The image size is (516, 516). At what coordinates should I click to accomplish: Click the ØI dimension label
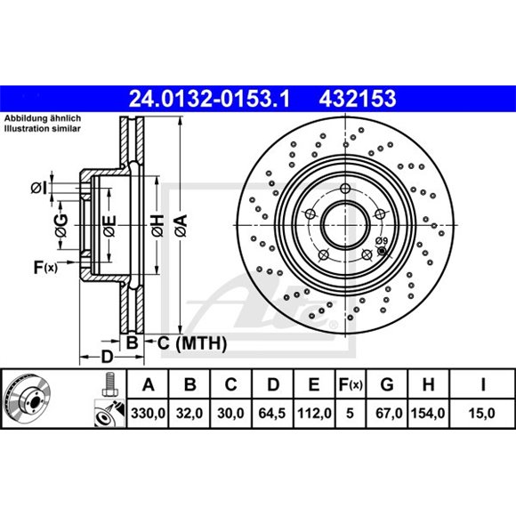(x=38, y=187)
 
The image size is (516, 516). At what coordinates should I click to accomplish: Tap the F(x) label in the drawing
(x=44, y=266)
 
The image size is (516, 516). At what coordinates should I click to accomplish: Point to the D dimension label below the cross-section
(x=107, y=357)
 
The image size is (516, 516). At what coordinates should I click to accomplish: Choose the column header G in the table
(x=386, y=385)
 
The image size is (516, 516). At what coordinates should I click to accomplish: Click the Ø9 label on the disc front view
(x=380, y=241)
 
